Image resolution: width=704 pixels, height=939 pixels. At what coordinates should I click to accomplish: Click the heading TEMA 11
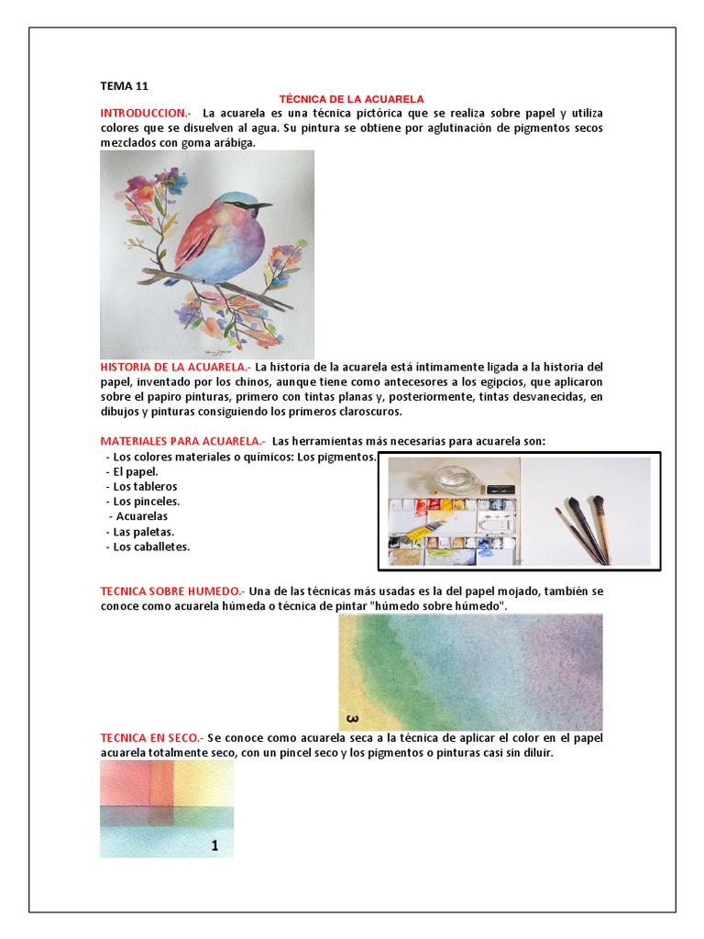pyautogui.click(x=124, y=86)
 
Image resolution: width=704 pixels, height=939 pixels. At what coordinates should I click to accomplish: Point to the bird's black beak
pyautogui.click(x=263, y=205)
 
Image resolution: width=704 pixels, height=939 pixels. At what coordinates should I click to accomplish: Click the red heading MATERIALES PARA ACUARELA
pyautogui.click(x=181, y=441)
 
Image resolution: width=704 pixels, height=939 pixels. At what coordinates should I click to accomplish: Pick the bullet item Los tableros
pyautogui.click(x=145, y=486)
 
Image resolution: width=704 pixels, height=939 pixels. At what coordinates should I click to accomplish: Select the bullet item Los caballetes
pyautogui.click(x=150, y=547)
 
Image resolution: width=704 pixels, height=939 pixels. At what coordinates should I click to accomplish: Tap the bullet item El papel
pyautogui.click(x=136, y=471)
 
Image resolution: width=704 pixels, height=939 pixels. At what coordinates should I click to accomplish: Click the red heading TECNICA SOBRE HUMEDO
pyautogui.click(x=170, y=591)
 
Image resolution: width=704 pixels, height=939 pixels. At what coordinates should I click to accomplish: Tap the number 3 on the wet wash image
pyautogui.click(x=352, y=717)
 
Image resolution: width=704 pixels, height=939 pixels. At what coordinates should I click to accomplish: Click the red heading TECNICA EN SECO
pyautogui.click(x=151, y=738)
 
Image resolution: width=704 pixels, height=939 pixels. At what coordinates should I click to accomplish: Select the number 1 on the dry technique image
pyautogui.click(x=214, y=846)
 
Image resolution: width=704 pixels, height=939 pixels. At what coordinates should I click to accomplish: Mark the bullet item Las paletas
pyautogui.click(x=143, y=532)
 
